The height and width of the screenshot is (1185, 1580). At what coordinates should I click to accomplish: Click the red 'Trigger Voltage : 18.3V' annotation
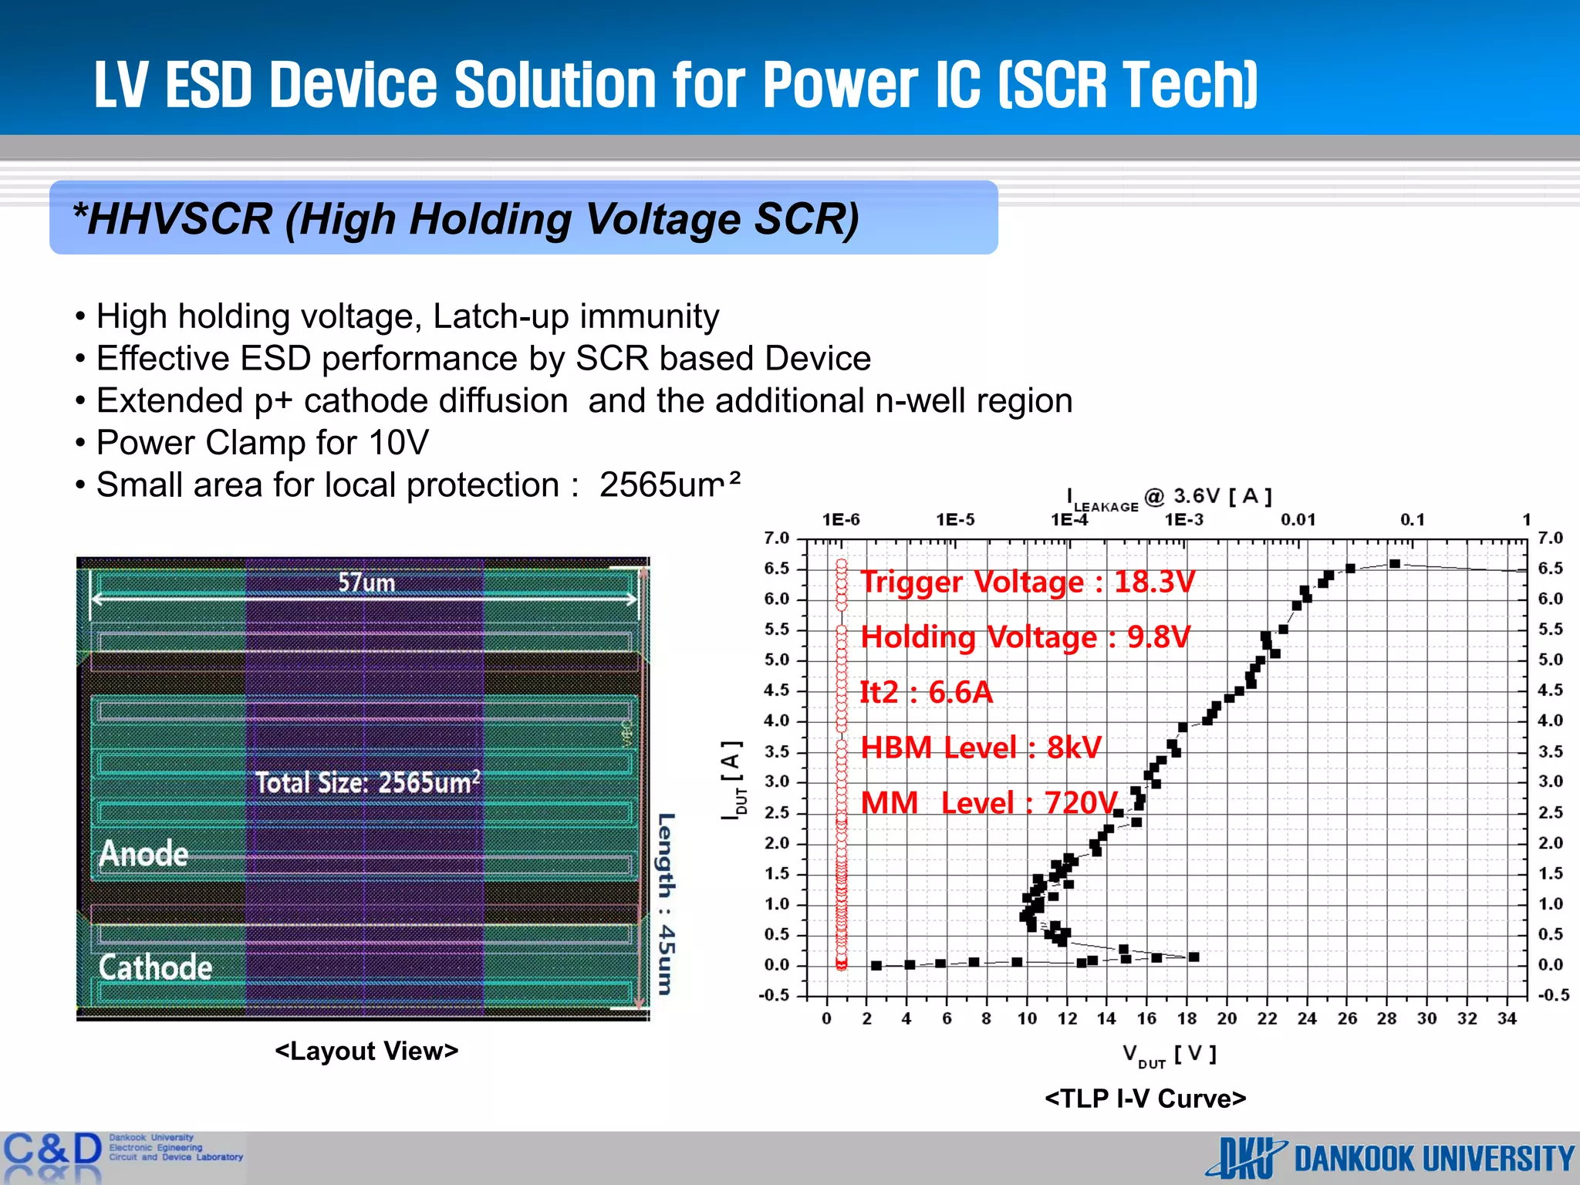tap(1027, 582)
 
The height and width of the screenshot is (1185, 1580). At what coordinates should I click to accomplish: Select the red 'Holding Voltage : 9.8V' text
tap(1025, 638)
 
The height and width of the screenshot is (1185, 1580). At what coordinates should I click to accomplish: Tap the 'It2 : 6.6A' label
tap(926, 693)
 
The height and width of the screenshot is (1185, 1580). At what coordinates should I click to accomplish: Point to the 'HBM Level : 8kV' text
tap(981, 748)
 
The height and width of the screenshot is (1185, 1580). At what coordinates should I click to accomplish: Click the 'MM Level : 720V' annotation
tap(988, 803)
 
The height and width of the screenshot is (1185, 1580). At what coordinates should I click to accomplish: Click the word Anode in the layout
tap(143, 854)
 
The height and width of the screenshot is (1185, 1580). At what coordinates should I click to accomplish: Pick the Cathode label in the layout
tap(155, 967)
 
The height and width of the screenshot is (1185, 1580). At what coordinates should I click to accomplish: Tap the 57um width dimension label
tap(366, 582)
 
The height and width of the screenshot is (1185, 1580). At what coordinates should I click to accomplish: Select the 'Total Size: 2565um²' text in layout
tap(368, 782)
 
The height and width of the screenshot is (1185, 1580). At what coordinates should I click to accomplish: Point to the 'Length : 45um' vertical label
tap(666, 903)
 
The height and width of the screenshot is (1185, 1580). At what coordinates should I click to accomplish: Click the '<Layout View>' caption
tap(366, 1051)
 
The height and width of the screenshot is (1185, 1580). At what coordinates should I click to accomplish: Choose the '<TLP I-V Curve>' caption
tap(1145, 1099)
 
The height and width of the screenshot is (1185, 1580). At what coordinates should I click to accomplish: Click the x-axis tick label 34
tap(1507, 1018)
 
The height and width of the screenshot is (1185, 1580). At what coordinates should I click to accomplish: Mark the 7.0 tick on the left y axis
tap(777, 538)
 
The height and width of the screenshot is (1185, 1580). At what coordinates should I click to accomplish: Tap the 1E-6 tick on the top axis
tap(840, 520)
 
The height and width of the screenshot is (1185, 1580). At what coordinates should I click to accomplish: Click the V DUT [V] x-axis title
tap(1169, 1055)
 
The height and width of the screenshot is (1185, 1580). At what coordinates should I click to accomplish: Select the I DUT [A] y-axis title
tap(733, 779)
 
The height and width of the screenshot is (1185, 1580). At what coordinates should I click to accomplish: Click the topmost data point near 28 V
tap(1395, 564)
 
